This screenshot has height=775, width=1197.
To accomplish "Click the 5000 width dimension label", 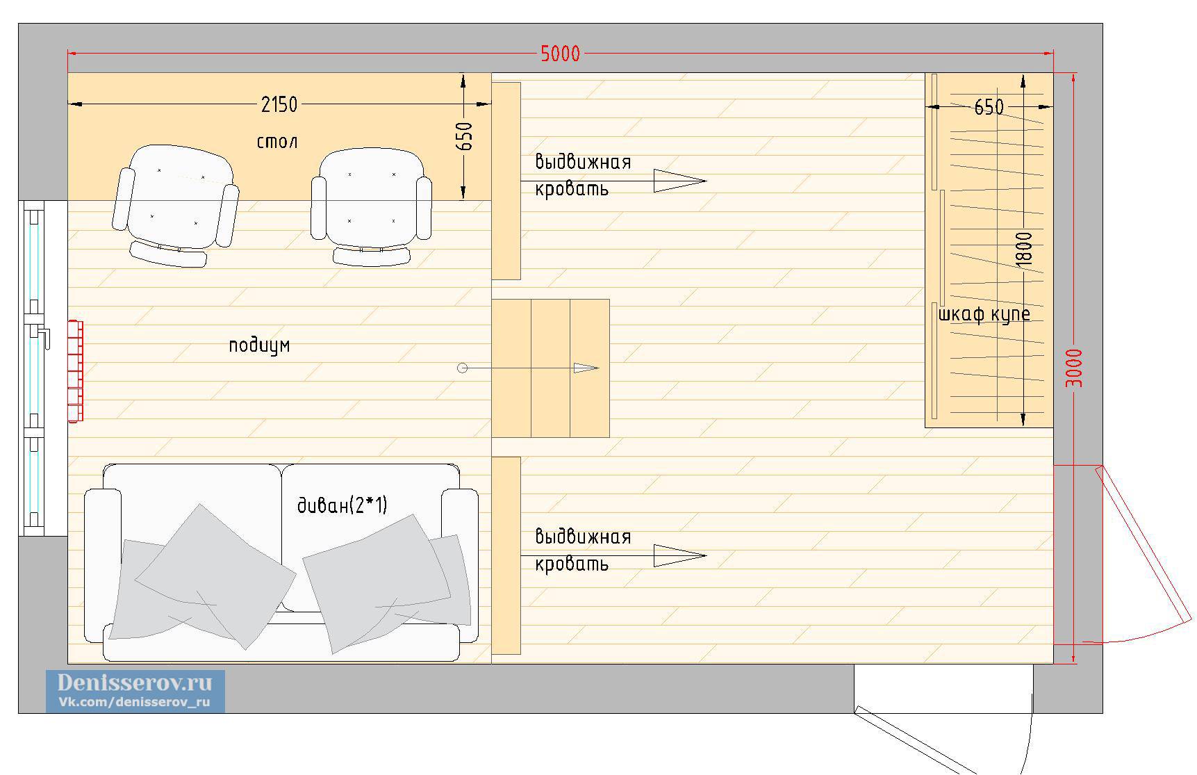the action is (560, 54).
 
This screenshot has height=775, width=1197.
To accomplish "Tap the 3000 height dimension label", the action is (1073, 368).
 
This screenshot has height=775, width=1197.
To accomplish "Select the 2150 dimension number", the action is (279, 104).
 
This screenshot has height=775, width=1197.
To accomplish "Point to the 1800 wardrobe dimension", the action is (1024, 249).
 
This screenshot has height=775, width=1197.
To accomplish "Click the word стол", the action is (277, 142).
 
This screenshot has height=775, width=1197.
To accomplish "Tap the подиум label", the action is (259, 345).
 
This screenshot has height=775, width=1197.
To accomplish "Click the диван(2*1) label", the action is (342, 505).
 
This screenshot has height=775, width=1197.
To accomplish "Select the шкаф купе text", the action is (984, 314).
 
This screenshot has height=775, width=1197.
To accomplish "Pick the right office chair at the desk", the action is (371, 207).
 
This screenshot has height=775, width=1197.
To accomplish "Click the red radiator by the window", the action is (75, 370).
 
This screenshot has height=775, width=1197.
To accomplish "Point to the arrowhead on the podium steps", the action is (586, 368).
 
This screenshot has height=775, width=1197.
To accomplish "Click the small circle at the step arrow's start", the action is (463, 368).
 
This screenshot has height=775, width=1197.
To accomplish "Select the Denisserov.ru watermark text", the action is (135, 682).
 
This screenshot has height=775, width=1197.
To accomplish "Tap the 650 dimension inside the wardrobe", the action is (989, 107).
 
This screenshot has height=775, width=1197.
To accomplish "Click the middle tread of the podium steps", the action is (551, 368).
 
